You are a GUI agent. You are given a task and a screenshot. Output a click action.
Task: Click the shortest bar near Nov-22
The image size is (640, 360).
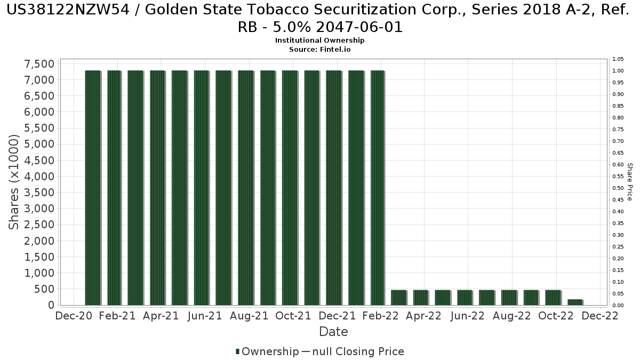575,302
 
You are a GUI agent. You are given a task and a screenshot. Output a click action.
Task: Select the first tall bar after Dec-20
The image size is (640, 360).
93,187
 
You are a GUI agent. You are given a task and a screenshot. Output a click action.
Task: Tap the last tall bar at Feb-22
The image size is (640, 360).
378,187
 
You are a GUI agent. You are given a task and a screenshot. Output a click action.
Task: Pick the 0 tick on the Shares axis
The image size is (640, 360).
51,305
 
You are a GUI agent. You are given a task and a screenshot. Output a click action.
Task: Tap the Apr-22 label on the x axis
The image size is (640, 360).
423,316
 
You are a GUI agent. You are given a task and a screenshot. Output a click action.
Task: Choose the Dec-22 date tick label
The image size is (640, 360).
600,316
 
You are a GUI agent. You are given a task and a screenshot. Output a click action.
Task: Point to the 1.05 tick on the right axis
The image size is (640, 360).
618,59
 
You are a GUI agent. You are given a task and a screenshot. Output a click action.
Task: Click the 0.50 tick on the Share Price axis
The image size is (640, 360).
618,188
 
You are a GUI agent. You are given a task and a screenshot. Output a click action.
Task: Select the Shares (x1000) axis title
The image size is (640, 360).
14,182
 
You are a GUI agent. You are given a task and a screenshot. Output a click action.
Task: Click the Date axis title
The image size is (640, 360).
333,332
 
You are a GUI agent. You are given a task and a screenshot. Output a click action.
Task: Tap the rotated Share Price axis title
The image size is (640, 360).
630,182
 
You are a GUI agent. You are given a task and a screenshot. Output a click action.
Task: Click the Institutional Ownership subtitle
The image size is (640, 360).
319,41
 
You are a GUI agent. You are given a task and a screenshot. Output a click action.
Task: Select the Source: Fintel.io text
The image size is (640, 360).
319,49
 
